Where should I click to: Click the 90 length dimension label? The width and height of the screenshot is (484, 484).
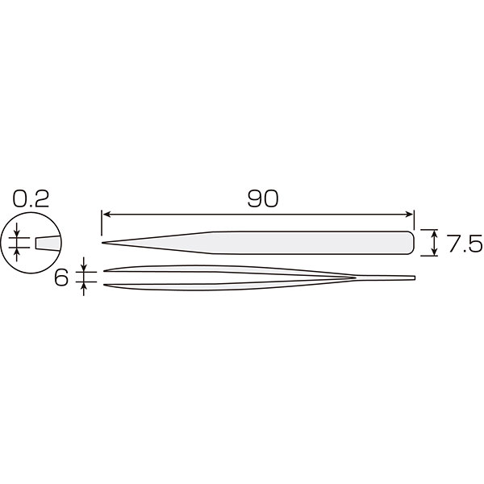(x=263, y=198)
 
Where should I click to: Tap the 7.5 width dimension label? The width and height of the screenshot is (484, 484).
(x=465, y=243)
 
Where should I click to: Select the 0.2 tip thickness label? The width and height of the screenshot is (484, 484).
(x=31, y=198)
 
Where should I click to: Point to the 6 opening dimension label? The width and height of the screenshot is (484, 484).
(x=61, y=278)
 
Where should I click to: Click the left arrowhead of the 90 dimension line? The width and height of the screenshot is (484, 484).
(x=106, y=215)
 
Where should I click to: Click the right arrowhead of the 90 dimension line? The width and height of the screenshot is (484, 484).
(x=408, y=215)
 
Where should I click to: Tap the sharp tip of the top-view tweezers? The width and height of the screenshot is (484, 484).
(x=102, y=243)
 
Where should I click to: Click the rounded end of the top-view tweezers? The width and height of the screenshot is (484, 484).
(x=411, y=243)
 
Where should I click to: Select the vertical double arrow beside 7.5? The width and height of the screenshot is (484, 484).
(x=435, y=243)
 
